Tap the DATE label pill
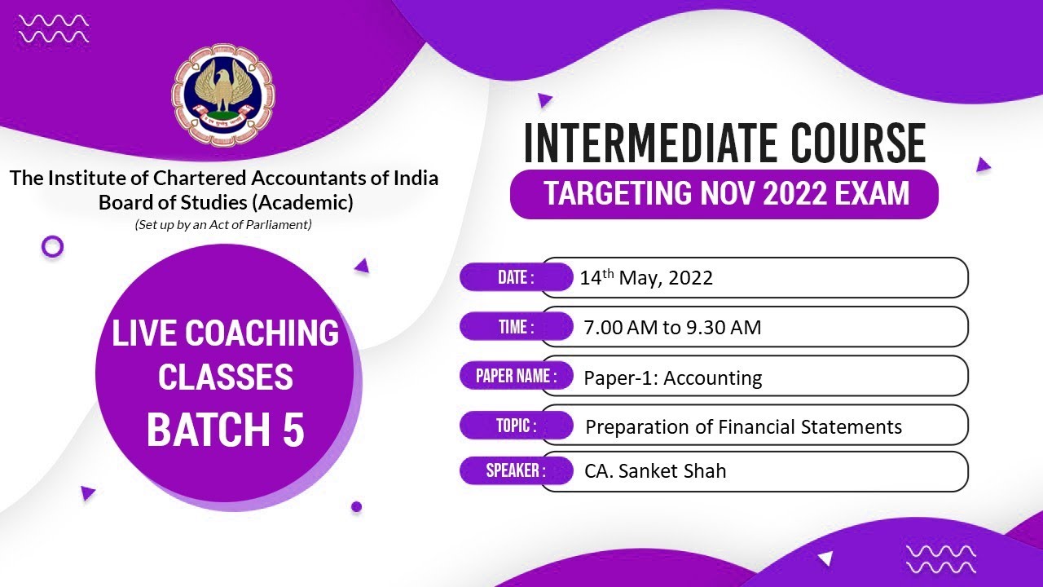[x=515, y=277]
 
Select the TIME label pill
[x=515, y=327]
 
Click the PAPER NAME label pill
[x=517, y=376]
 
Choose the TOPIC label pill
[x=515, y=425]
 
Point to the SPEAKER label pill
[x=515, y=470]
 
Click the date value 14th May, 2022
[x=646, y=278]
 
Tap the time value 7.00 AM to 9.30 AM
[x=672, y=328]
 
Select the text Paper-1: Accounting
[x=673, y=377]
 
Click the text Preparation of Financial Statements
[x=743, y=426]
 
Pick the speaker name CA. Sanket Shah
[x=655, y=471]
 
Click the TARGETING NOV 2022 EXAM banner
[x=724, y=194]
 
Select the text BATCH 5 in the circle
[x=226, y=430]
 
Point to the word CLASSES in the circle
[x=226, y=377]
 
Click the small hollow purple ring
[x=52, y=246]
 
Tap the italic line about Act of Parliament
[x=223, y=225]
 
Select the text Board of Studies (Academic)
[x=225, y=202]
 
